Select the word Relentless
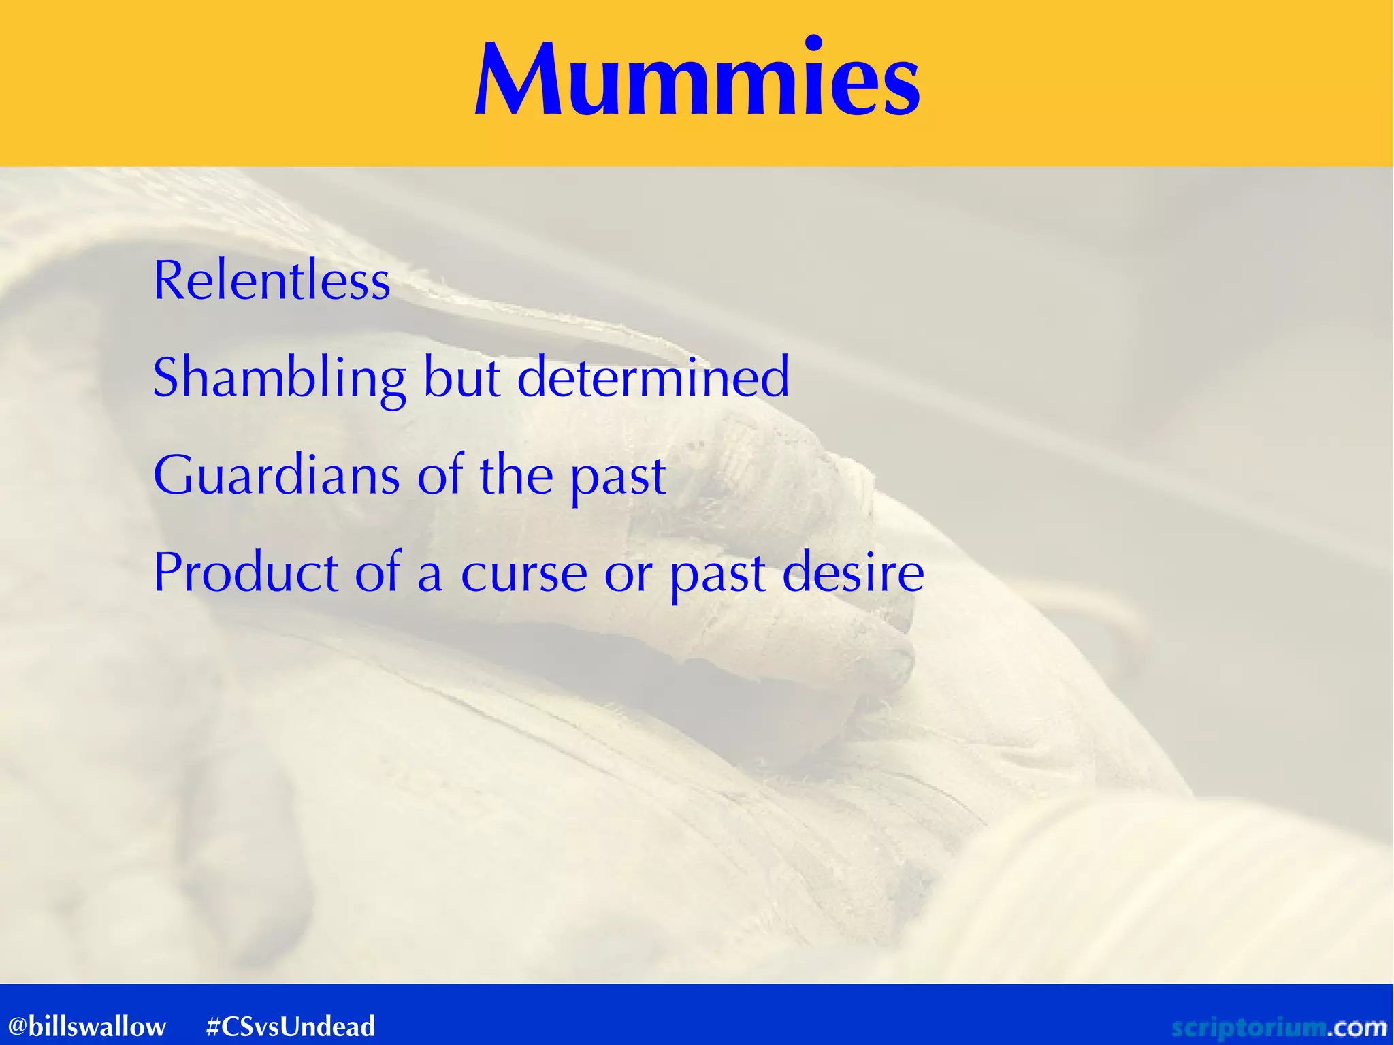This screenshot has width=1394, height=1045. (x=272, y=280)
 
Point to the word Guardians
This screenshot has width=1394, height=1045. (x=276, y=475)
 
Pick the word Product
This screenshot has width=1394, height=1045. (x=246, y=573)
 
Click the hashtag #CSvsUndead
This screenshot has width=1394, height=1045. (x=291, y=1026)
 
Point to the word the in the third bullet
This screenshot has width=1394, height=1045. (x=516, y=475)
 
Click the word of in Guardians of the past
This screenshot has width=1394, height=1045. (x=439, y=475)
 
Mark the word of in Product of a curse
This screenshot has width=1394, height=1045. (x=378, y=573)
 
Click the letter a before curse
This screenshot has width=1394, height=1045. (x=430, y=575)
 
